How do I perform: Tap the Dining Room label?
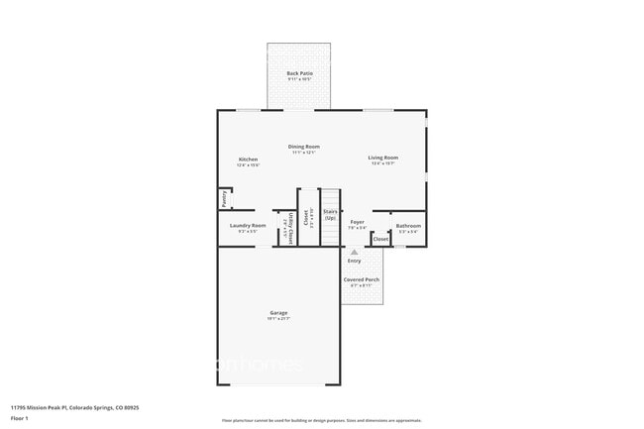click(304, 146)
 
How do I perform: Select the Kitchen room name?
click(248, 159)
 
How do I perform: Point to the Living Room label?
click(383, 158)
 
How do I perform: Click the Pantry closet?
click(225, 199)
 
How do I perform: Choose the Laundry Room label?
click(248, 226)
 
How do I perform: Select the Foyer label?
click(357, 222)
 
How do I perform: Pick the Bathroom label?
click(408, 226)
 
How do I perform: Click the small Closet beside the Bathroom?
click(380, 239)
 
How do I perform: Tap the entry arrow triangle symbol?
click(354, 252)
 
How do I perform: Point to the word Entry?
click(354, 261)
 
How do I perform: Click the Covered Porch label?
click(361, 279)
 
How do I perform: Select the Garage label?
click(278, 313)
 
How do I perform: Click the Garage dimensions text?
click(278, 320)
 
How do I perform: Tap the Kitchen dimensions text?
click(248, 164)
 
